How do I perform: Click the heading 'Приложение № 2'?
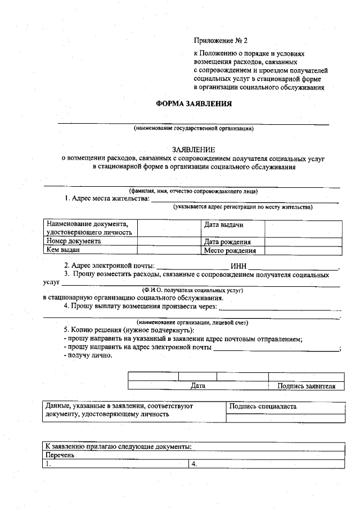click(220, 41)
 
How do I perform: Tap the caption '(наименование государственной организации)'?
click(193, 129)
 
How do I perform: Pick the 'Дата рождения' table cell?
click(227, 242)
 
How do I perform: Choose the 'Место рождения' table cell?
click(229, 251)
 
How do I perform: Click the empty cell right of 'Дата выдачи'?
click(303, 228)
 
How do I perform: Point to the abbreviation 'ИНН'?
click(238, 266)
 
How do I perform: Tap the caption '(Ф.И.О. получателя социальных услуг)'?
click(193, 290)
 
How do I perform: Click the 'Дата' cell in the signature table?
click(198, 386)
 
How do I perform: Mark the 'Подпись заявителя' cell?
click(307, 386)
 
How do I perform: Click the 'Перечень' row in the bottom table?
click(60, 456)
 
